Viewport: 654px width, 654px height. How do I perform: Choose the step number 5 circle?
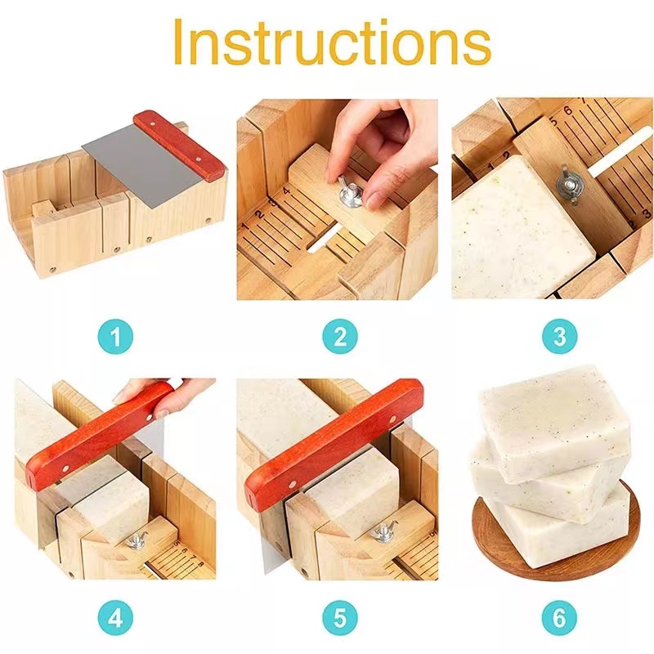pyautogui.click(x=338, y=618)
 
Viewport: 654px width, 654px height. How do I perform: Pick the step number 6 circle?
pyautogui.click(x=559, y=618)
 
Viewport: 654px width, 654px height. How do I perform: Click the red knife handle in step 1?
pyautogui.click(x=179, y=143)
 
